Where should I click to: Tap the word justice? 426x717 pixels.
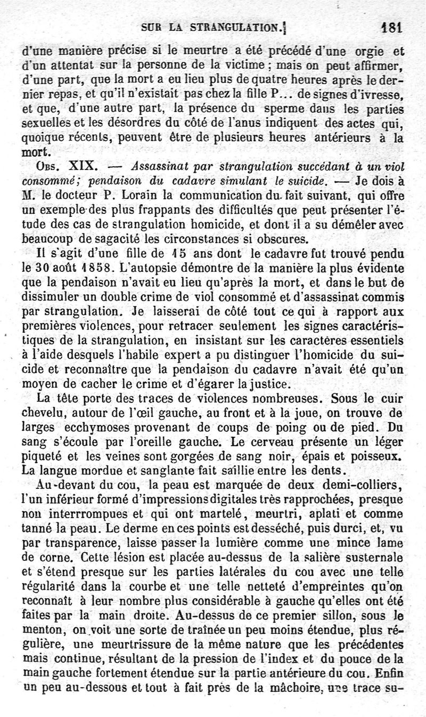pyautogui.click(x=269, y=383)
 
